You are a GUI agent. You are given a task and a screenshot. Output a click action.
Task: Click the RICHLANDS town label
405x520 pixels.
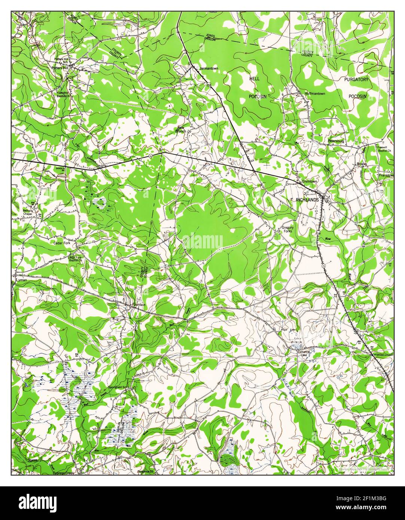(307, 200)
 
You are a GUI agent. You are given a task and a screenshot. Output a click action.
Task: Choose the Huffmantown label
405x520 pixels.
(315, 94)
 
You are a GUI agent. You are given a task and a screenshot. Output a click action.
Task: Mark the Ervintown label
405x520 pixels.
(310, 181)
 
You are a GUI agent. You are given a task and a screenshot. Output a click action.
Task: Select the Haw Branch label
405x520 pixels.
(181, 129)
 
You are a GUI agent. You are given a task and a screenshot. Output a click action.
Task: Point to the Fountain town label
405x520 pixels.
(138, 305)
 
